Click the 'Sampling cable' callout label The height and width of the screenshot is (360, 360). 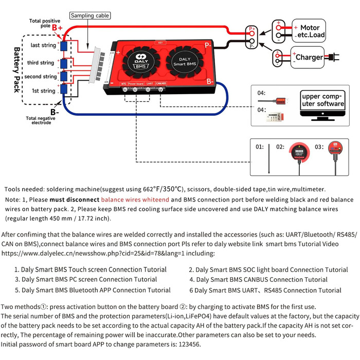[90, 16]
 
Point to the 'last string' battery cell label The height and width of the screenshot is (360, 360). [43, 45]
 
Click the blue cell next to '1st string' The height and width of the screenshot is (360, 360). [65, 91]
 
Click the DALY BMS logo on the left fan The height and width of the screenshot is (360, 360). [137, 58]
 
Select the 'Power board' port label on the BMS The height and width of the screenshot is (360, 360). [136, 83]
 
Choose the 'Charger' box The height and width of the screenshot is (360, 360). [309, 57]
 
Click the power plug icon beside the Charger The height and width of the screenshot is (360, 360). [333, 57]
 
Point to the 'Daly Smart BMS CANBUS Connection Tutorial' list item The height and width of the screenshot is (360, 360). [258, 280]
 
